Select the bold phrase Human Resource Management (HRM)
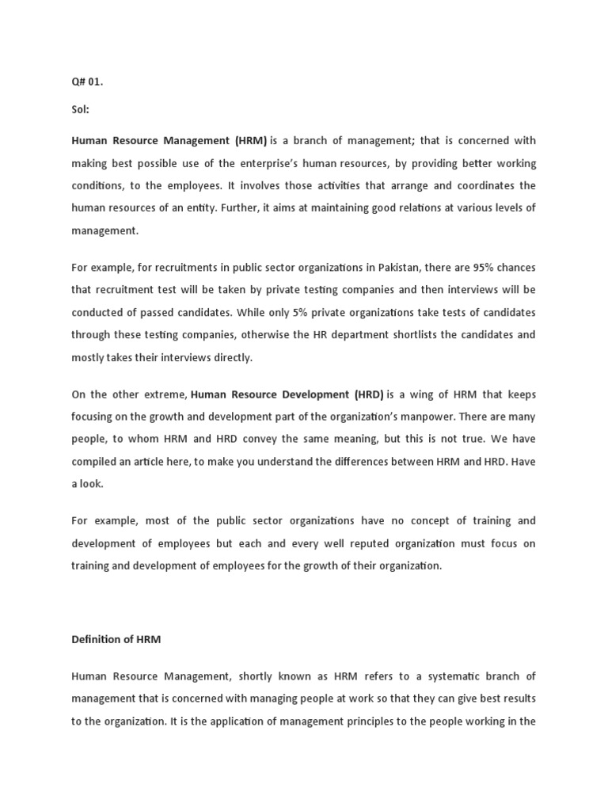(169, 141)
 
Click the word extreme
(165, 394)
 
